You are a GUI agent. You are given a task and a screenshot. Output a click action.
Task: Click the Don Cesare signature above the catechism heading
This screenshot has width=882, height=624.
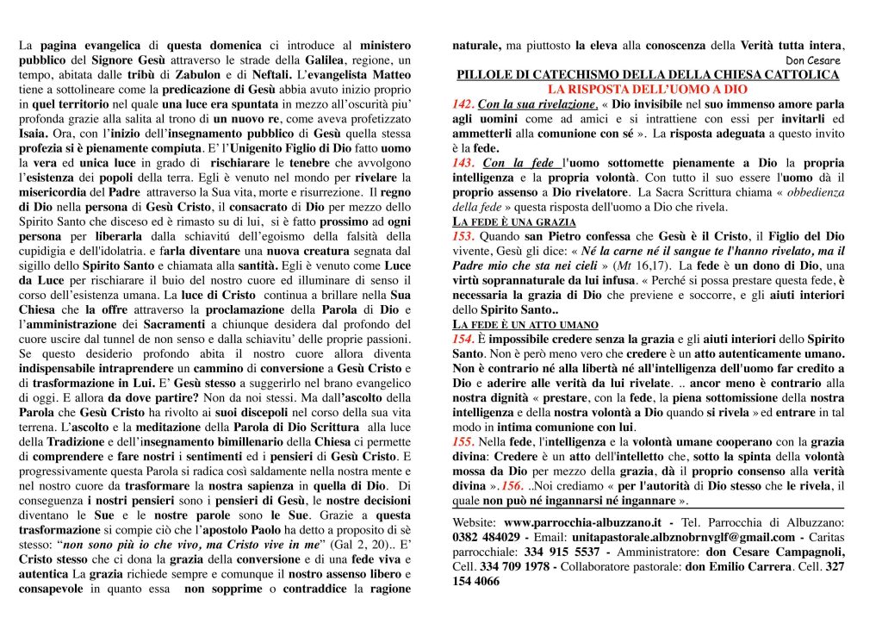point(813,61)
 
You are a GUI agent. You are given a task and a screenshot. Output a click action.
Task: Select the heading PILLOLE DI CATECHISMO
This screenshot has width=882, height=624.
point(647,75)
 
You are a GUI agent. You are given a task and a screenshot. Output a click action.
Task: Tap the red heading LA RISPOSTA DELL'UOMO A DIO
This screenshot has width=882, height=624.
point(648,89)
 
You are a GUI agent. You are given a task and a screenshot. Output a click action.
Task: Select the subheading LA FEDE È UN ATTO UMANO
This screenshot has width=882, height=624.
point(525,324)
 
